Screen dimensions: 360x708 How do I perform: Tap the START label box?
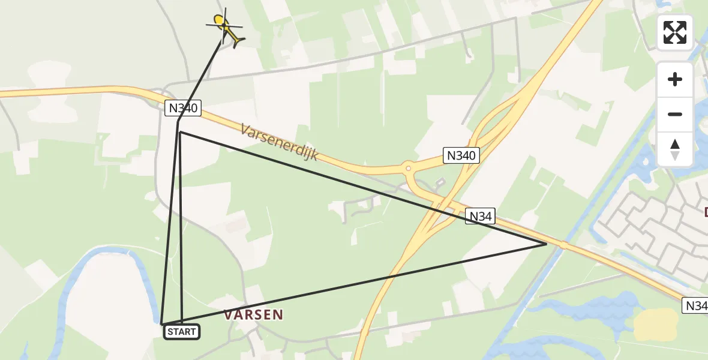tap(182, 332)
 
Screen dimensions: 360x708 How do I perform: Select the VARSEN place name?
tap(253, 314)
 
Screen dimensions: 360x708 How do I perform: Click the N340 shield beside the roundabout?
tap(461, 155)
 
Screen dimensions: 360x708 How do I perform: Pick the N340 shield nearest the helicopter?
tap(182, 109)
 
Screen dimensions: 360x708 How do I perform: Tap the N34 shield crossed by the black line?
tap(480, 217)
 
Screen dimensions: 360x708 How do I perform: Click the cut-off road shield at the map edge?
tap(696, 305)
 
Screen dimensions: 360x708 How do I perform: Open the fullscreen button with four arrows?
tap(675, 32)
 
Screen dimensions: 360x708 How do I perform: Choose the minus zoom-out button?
tap(675, 115)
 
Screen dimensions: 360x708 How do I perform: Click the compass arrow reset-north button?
tap(675, 149)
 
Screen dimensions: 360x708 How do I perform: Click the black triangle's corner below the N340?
tap(180, 132)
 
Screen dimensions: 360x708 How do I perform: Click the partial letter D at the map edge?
tap(706, 212)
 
